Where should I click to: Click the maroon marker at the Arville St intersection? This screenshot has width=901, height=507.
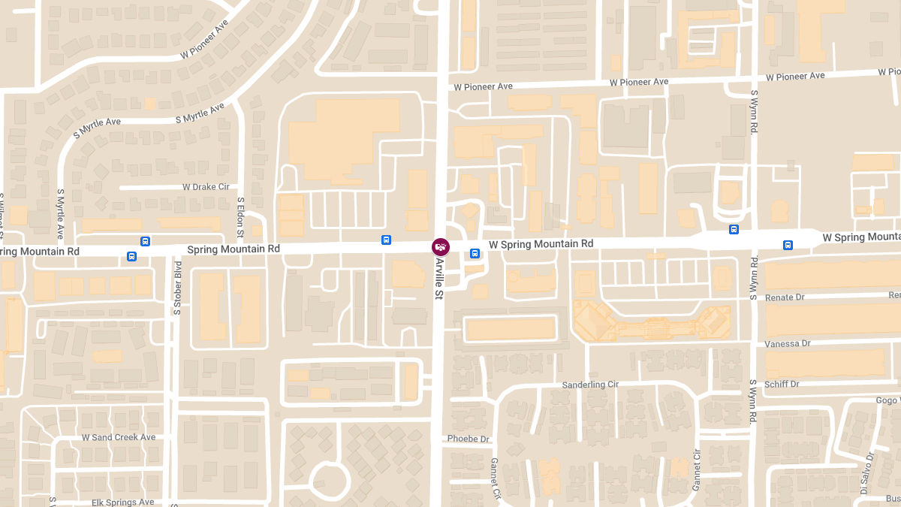[441, 246]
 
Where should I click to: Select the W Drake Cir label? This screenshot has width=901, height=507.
[206, 187]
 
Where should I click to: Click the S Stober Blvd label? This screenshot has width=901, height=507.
[178, 287]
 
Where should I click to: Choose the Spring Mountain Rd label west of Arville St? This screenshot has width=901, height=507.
[233, 249]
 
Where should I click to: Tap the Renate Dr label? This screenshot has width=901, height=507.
[784, 297]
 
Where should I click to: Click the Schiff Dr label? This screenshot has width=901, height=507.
[782, 384]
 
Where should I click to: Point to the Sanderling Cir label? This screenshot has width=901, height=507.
[590, 385]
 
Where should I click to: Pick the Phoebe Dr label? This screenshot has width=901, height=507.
[468, 439]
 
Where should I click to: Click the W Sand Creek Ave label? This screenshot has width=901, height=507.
[119, 437]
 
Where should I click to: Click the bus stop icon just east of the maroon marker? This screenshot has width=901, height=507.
[475, 254]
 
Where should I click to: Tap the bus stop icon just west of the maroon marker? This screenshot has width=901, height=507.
[386, 240]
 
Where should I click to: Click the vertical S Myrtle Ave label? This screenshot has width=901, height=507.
[61, 213]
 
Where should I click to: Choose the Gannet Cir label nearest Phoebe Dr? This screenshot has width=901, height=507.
[496, 478]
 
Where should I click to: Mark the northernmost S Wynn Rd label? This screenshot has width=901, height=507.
[754, 113]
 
